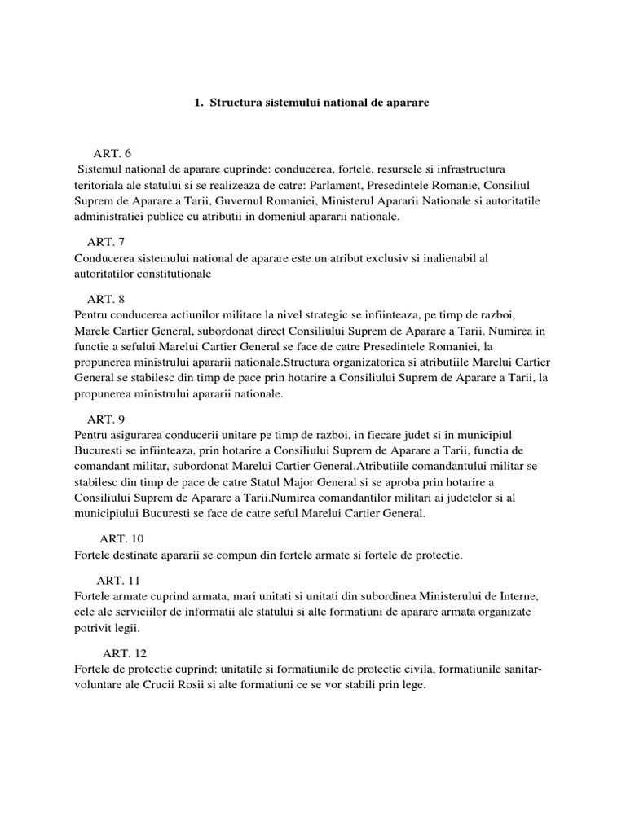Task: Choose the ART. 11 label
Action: coord(119,580)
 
